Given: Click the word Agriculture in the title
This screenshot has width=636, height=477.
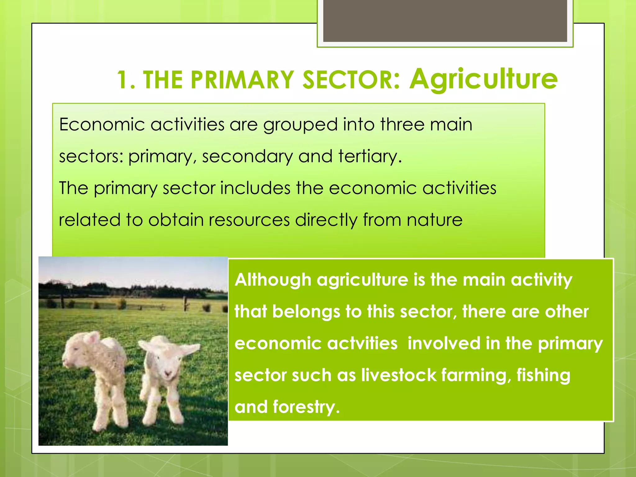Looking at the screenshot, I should point(483,79).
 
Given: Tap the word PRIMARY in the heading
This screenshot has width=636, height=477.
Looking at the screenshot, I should point(242,80).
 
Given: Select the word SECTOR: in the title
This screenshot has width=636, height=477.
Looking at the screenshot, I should point(351,80).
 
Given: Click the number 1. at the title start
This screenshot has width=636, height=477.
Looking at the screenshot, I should point(126,80).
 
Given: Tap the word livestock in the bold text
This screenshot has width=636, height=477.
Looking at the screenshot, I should point(398,375).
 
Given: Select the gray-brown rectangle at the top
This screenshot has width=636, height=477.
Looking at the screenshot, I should point(445,21).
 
